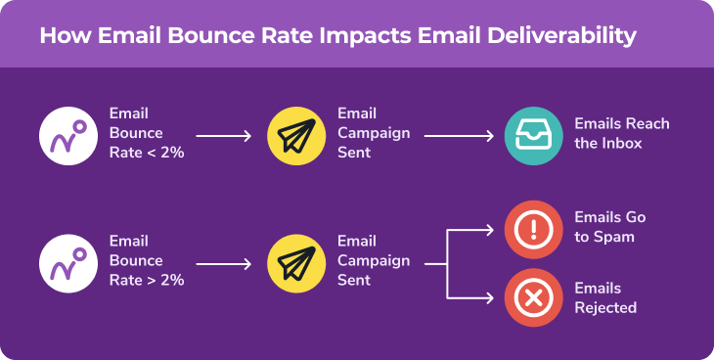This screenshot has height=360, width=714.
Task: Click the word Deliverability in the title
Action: coord(566,36)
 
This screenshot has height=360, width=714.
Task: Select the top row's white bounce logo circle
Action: coord(67,134)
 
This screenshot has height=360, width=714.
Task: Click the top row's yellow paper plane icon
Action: coord(296,134)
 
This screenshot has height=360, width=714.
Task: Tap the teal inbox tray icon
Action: coord(533,134)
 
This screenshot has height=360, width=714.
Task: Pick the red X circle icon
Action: coord(533,297)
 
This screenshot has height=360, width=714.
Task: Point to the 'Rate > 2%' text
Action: coord(147,281)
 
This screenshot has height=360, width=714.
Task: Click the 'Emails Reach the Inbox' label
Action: coord(622,134)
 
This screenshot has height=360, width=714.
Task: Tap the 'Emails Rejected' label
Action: coord(605,298)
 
